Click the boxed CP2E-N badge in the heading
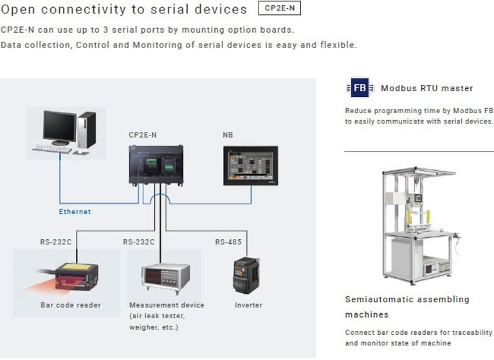(279, 8)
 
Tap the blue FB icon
(360, 87)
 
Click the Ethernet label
(75, 212)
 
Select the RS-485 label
(228, 242)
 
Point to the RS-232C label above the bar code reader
(56, 242)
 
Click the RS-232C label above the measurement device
(139, 242)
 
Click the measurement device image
(166, 278)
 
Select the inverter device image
(246, 275)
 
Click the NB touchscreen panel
(251, 166)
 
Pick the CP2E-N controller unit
(156, 165)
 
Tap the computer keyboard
(52, 148)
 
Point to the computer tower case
(87, 130)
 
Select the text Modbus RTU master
(427, 88)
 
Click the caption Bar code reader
(71, 305)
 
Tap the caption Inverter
(248, 305)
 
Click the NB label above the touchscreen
(228, 135)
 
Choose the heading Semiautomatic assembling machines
(407, 307)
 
